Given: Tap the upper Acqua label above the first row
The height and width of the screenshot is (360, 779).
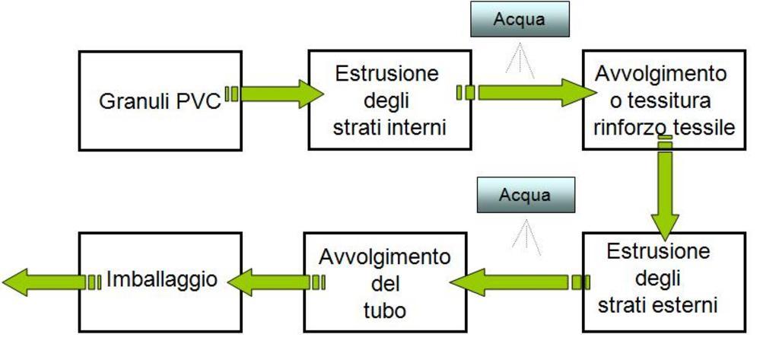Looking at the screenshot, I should tap(520, 19).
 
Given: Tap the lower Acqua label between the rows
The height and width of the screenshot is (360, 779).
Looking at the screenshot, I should tap(525, 195).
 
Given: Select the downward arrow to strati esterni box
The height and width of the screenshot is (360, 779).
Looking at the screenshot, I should tap(665, 190).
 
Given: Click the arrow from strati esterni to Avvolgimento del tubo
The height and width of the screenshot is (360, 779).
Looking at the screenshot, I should tap(517, 282).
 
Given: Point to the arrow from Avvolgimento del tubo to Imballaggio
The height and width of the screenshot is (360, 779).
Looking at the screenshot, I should tap(274, 282).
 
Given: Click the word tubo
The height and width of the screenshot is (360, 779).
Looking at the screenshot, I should tap(384, 311).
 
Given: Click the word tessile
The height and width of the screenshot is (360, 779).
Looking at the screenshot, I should tap(707, 127).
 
